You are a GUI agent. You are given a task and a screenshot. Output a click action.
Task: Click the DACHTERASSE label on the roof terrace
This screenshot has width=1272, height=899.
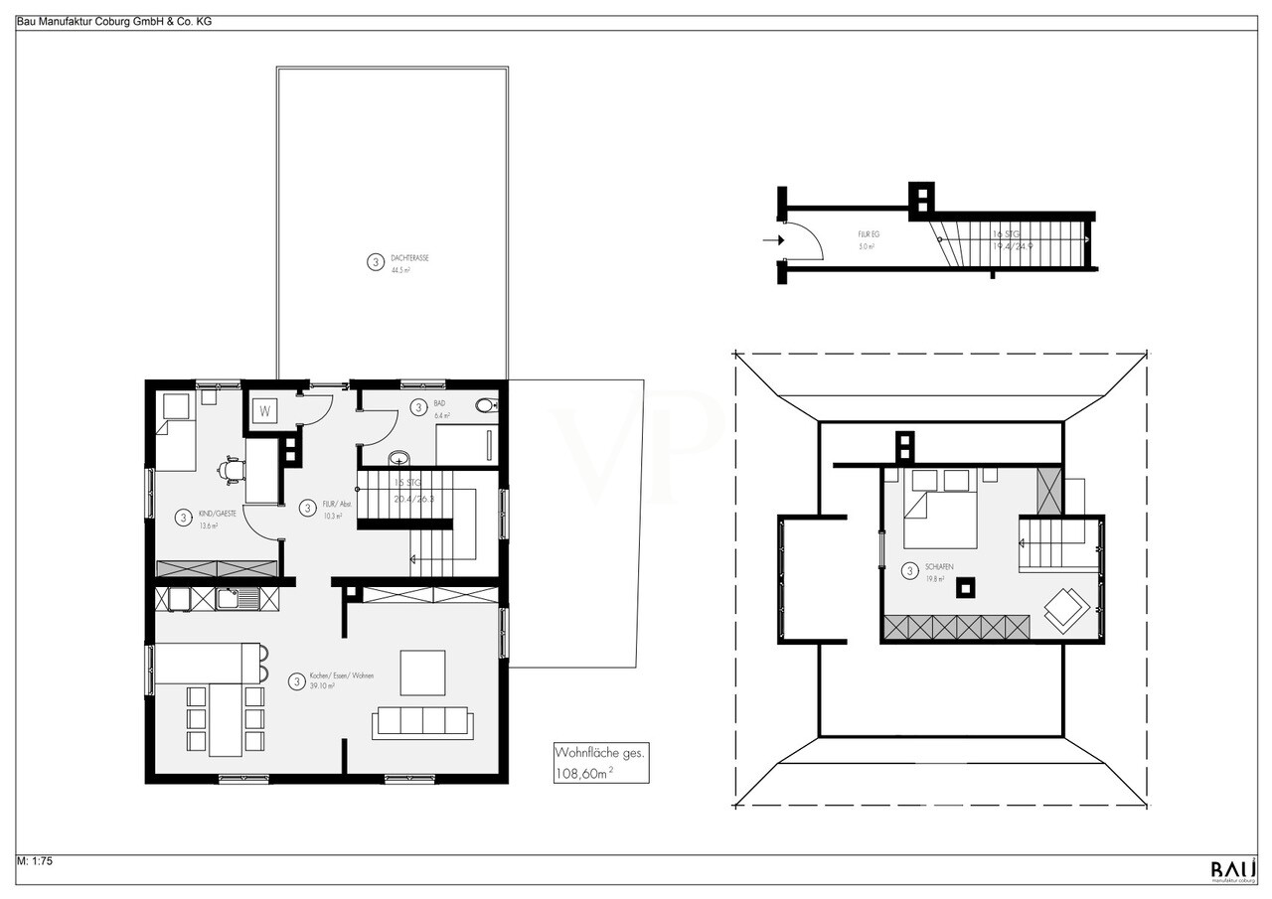(409, 257)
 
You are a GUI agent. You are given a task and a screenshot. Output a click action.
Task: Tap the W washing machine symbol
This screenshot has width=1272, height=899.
(265, 410)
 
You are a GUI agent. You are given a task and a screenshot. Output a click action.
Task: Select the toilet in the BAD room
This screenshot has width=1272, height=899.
(486, 405)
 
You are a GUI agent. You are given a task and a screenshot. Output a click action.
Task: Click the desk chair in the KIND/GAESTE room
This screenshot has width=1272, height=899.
(232, 469)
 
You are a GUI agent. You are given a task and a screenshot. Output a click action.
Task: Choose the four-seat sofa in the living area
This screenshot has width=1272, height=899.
(421, 722)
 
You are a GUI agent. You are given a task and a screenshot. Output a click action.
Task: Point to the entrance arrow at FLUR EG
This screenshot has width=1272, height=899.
(771, 239)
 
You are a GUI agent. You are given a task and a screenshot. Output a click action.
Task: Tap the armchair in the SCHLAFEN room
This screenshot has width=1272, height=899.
(1064, 608)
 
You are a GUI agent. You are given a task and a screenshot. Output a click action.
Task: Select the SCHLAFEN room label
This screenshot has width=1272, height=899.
(939, 566)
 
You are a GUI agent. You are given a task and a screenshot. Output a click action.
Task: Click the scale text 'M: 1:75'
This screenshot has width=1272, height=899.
(35, 861)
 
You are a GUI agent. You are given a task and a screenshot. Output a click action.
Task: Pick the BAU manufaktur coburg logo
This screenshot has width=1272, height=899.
(1232, 870)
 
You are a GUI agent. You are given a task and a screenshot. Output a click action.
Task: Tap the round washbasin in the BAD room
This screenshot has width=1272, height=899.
(397, 459)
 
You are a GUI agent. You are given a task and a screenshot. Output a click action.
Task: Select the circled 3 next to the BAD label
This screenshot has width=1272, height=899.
(418, 407)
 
